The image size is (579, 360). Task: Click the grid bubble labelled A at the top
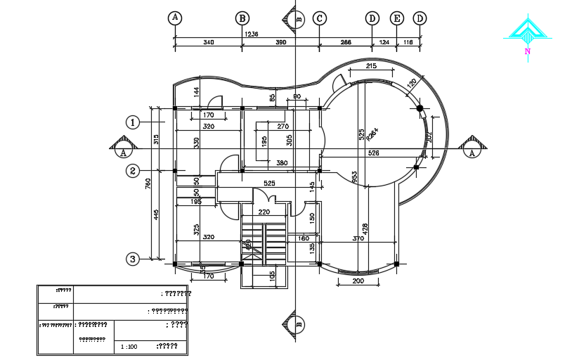[x=175, y=18]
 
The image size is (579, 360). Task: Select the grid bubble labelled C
[x=320, y=18]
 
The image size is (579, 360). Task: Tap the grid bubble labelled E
[x=397, y=18]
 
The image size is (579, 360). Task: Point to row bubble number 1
[x=133, y=122]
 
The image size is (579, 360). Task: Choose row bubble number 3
[x=133, y=259]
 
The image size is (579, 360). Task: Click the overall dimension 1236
[x=251, y=34]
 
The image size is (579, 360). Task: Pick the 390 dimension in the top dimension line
[x=280, y=43]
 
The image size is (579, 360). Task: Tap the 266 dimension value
[x=346, y=43]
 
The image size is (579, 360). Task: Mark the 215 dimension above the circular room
[x=372, y=66]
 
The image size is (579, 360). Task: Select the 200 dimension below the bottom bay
[x=358, y=281]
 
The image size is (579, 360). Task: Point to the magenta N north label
[x=526, y=51]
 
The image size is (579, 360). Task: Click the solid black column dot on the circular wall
[x=420, y=108]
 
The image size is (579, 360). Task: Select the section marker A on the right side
[x=472, y=150]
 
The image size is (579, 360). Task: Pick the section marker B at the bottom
[x=297, y=326]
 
